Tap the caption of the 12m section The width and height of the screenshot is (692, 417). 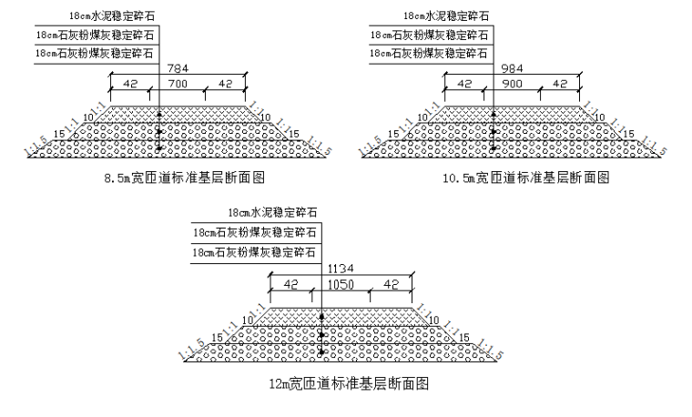344,383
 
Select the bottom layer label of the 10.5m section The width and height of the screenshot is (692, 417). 429,54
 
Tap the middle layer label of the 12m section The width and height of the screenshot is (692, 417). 255,233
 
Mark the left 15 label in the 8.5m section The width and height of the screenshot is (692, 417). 59,134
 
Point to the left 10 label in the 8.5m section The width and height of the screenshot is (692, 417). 88,117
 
